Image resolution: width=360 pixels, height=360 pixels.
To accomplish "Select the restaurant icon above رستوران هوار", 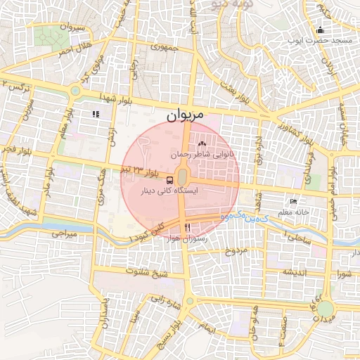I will (x=187, y=227).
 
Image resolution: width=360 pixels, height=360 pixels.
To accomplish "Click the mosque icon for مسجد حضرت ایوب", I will (x=321, y=30).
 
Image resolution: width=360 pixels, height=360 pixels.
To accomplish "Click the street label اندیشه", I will (x=296, y=271).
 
